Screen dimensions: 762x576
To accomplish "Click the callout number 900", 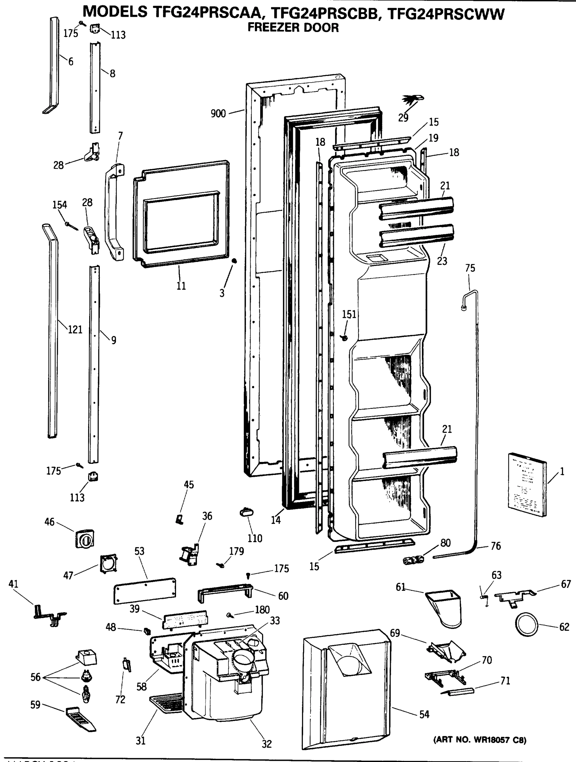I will [x=218, y=114].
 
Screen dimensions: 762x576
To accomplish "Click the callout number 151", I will [x=349, y=314].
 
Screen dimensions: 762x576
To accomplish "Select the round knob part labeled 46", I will [x=85, y=539].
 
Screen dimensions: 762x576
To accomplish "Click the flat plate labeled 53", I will [x=145, y=591].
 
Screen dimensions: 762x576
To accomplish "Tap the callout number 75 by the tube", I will [x=470, y=268].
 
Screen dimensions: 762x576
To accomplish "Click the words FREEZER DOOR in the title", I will [x=293, y=28].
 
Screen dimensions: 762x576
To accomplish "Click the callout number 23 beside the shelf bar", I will [x=442, y=261].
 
